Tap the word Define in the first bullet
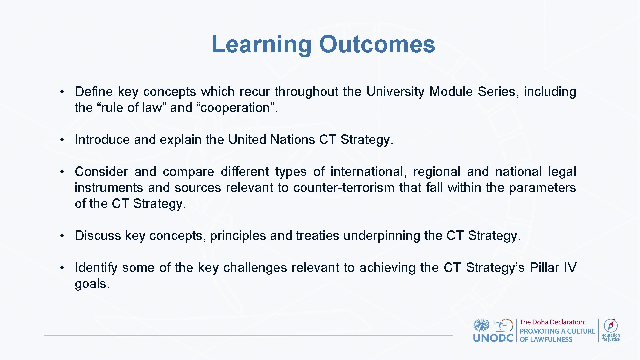[94, 92]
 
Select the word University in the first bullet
[395, 92]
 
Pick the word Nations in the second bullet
[292, 140]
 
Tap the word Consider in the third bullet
[101, 172]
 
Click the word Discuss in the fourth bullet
[98, 236]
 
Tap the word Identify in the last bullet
[96, 268]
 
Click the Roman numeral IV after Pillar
[570, 268]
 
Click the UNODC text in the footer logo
[493, 338]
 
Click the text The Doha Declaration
[552, 322]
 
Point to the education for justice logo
[611, 330]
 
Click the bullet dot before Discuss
[62, 236]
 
